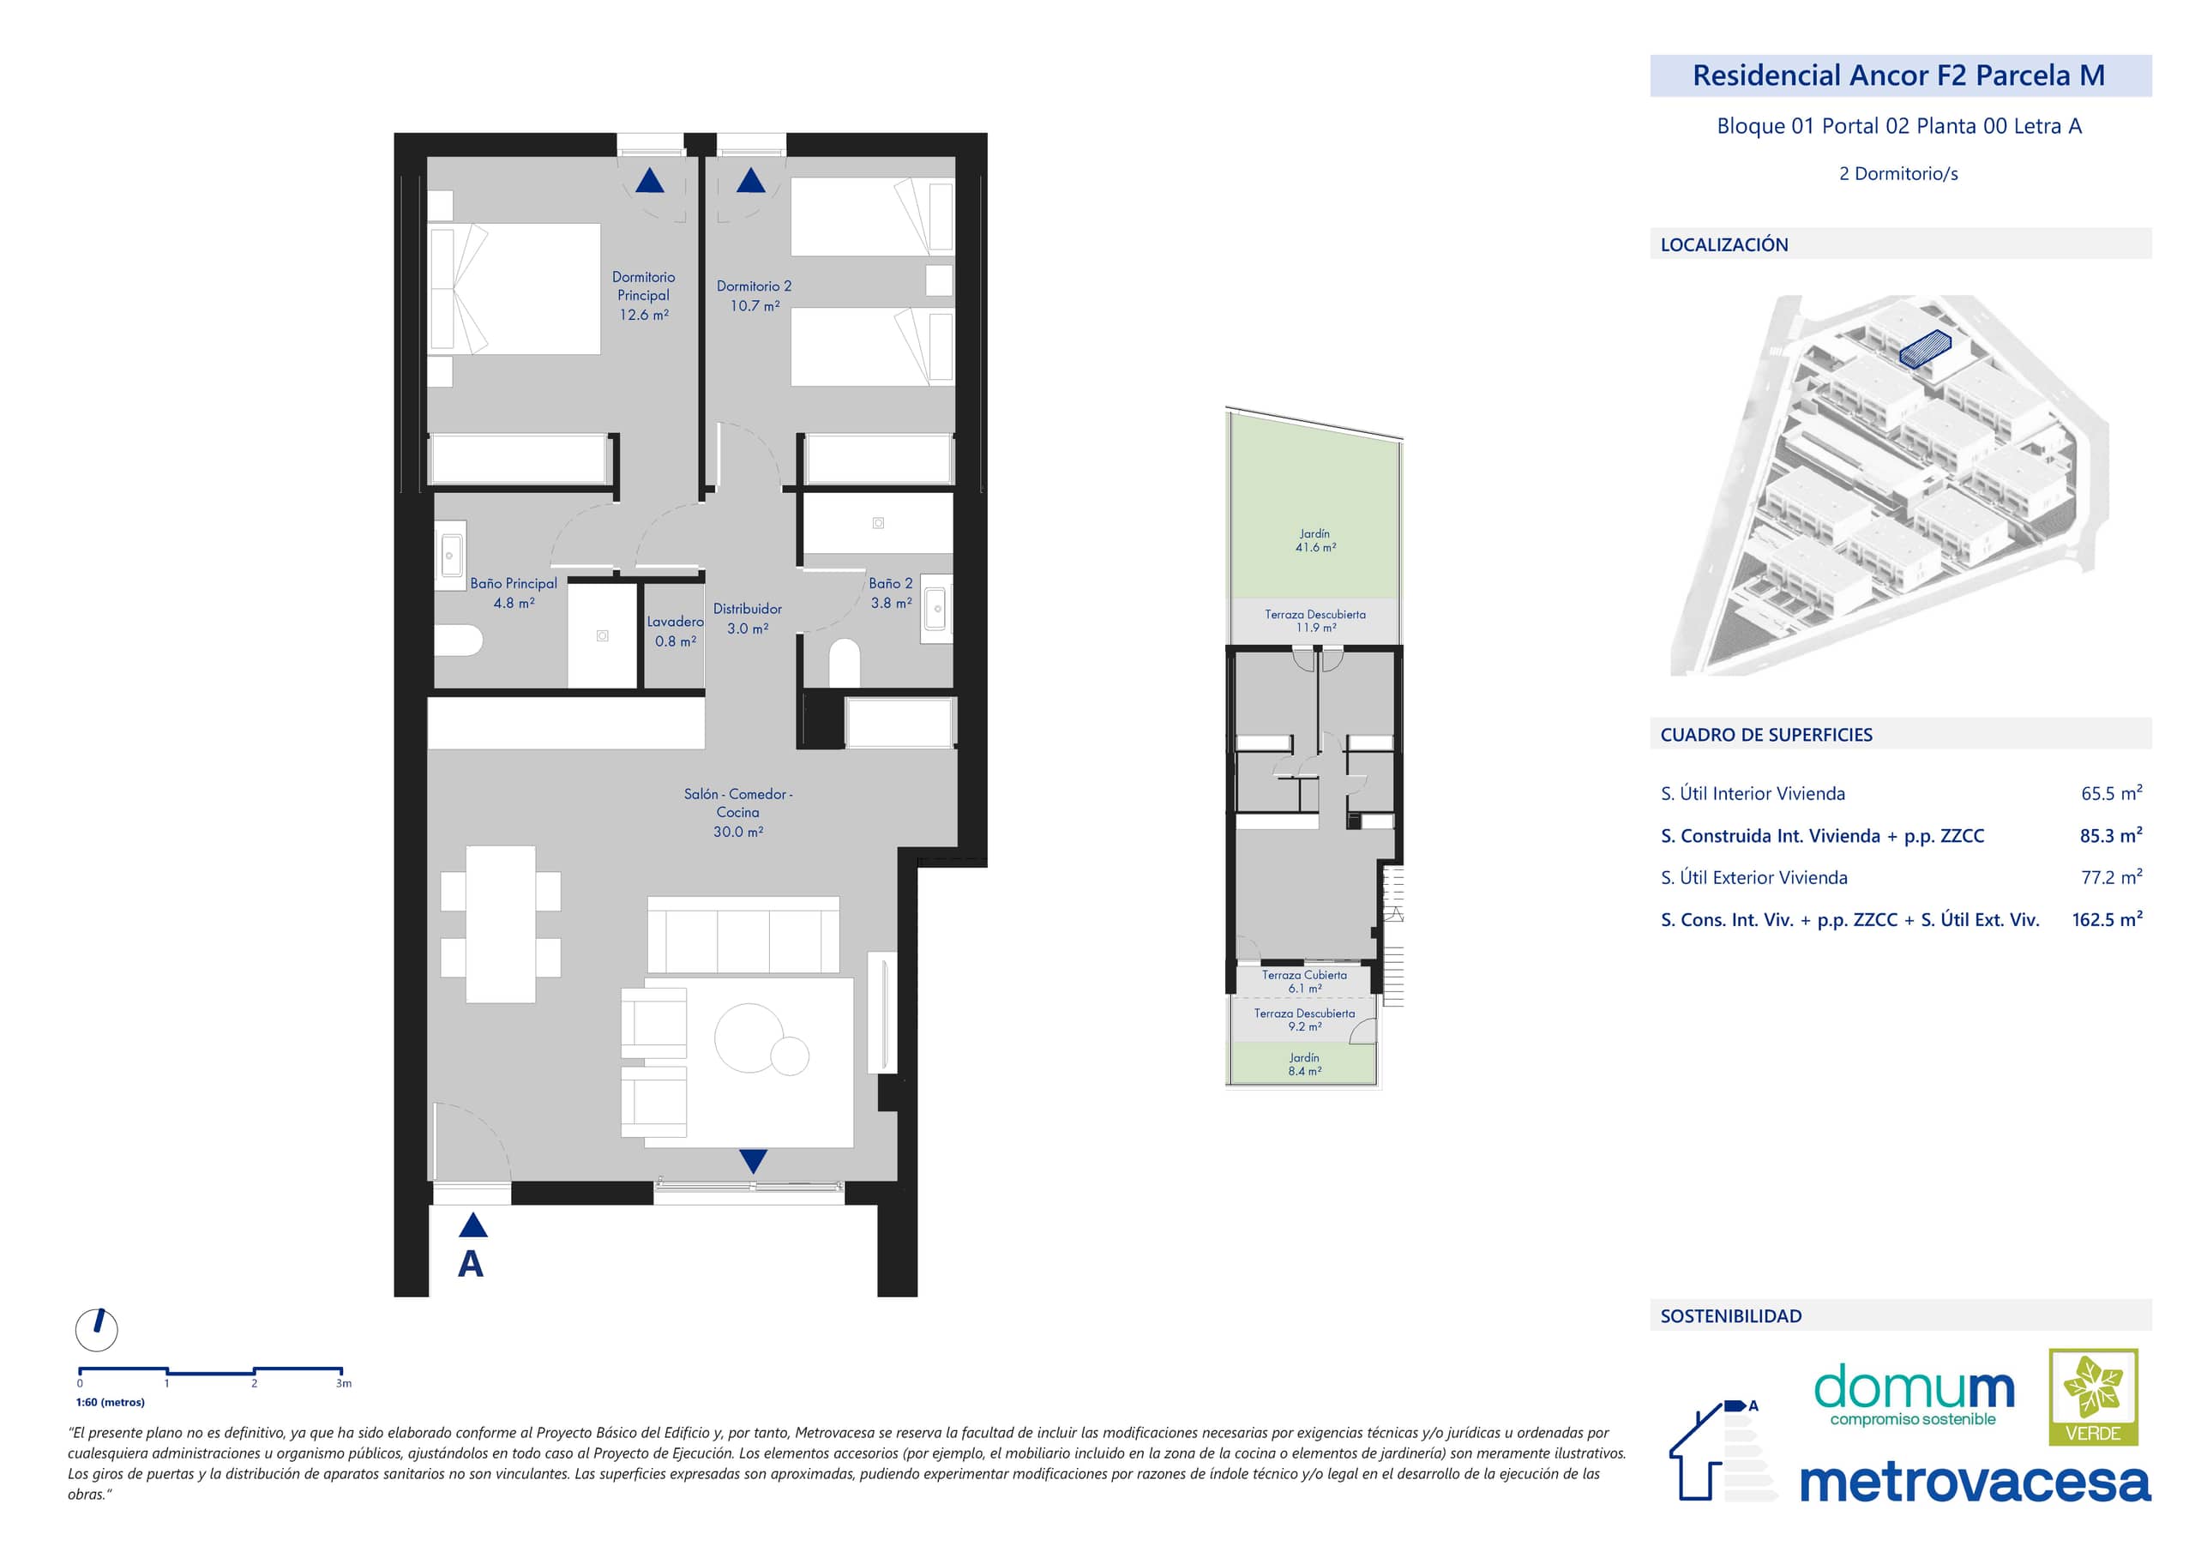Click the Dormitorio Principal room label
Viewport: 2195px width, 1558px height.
pyautogui.click(x=643, y=286)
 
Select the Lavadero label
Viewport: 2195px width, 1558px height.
pyautogui.click(x=676, y=622)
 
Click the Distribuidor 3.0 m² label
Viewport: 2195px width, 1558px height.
pyautogui.click(x=748, y=619)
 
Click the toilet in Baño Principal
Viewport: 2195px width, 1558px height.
pyautogui.click(x=458, y=641)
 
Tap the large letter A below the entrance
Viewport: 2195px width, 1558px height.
pyautogui.click(x=470, y=1265)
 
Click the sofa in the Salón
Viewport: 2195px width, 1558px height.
pyautogui.click(x=743, y=935)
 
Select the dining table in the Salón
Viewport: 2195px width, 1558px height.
pyautogui.click(x=500, y=923)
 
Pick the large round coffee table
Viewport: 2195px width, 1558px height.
pyautogui.click(x=749, y=1037)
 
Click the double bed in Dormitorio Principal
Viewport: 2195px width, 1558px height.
pyautogui.click(x=514, y=289)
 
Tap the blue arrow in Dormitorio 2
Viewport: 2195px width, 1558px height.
pyautogui.click(x=750, y=179)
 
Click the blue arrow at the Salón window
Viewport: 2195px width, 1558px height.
pyautogui.click(x=753, y=1162)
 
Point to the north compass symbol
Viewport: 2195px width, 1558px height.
pyautogui.click(x=97, y=1330)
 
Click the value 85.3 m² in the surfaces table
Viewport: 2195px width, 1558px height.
pyautogui.click(x=2111, y=836)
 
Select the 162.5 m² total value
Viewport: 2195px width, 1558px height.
pyautogui.click(x=2107, y=919)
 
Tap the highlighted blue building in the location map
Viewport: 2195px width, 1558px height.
pyautogui.click(x=1926, y=349)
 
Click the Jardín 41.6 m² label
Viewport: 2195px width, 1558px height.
pyautogui.click(x=1314, y=541)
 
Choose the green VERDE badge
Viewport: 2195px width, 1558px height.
pyautogui.click(x=2093, y=1397)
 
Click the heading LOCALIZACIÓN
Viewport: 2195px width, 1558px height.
pyautogui.click(x=1724, y=244)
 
